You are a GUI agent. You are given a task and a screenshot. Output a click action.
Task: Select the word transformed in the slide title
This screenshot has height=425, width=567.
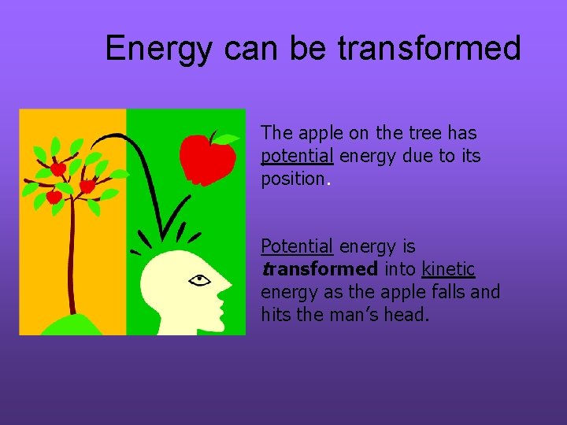click(x=429, y=49)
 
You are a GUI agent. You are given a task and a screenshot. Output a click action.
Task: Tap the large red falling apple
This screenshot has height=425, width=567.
click(x=206, y=161)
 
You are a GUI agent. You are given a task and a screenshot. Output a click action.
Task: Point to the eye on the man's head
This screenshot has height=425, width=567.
click(x=200, y=279)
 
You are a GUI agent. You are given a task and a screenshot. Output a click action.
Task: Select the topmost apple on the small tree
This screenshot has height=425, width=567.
click(x=58, y=168)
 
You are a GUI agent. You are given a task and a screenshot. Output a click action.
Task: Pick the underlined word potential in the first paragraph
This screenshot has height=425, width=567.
click(x=298, y=157)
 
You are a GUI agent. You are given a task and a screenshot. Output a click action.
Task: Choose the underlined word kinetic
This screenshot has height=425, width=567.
click(x=448, y=270)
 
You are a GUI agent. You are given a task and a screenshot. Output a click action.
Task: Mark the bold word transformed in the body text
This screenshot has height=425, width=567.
click(x=320, y=270)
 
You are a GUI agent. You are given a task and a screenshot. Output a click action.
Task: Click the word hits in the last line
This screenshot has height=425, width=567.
click(x=274, y=316)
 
